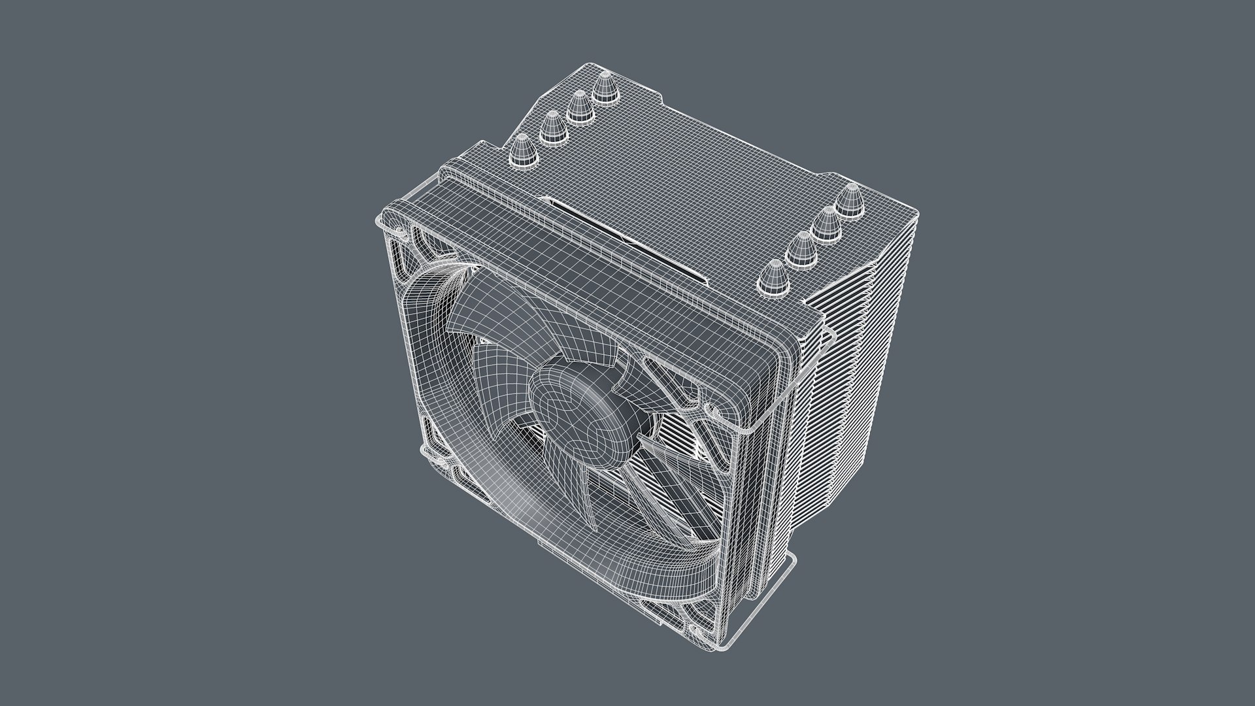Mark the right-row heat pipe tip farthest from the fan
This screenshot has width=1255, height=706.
coord(851,199)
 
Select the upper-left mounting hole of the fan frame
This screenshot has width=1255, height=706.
coord(397,230)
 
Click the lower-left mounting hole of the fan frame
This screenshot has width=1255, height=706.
coord(426,451)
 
